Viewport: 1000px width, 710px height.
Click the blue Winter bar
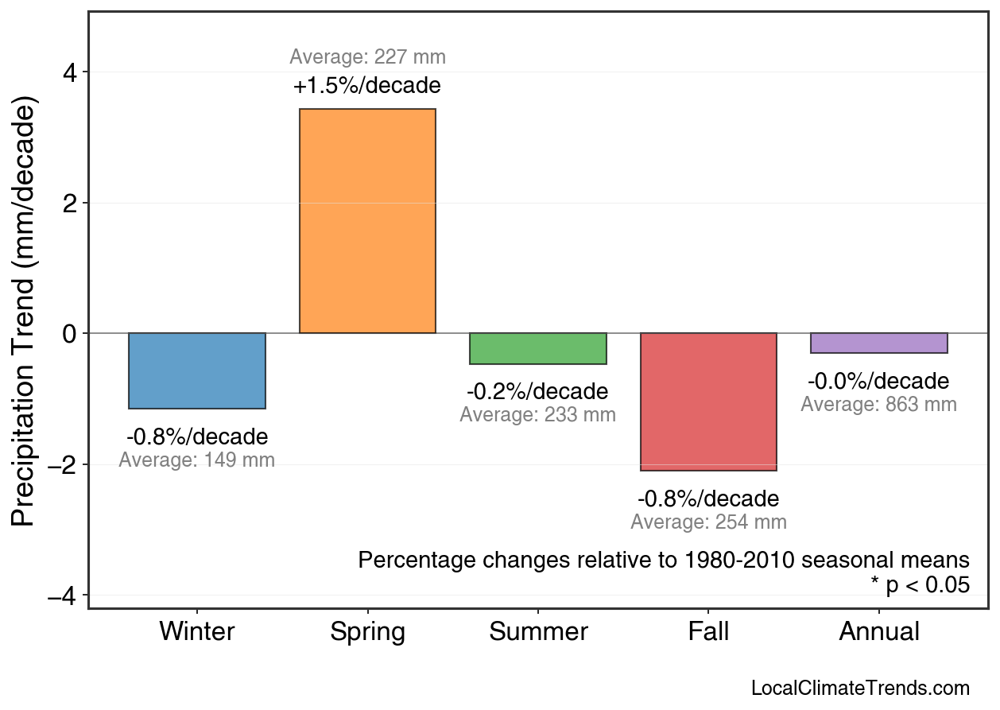[x=197, y=371]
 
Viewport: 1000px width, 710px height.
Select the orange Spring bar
[x=367, y=221]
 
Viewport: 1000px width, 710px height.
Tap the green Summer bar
[x=538, y=348]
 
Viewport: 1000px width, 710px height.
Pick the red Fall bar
[x=708, y=402]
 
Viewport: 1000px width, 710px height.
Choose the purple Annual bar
[x=878, y=343]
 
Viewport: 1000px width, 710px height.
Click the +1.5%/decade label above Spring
[x=367, y=85]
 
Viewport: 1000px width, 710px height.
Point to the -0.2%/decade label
[x=537, y=392]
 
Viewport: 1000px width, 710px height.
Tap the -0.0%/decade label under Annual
[x=878, y=381]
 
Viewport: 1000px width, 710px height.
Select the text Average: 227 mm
[x=367, y=57]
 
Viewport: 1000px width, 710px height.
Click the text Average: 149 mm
[x=197, y=460]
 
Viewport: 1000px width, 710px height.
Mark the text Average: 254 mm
[x=708, y=522]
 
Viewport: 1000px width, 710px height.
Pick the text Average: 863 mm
[x=878, y=404]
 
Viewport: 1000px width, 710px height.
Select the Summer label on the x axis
[x=538, y=632]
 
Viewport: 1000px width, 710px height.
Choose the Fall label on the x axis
[x=708, y=632]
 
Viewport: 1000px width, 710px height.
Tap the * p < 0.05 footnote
[x=920, y=584]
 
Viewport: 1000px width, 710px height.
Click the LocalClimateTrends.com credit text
[x=860, y=688]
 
